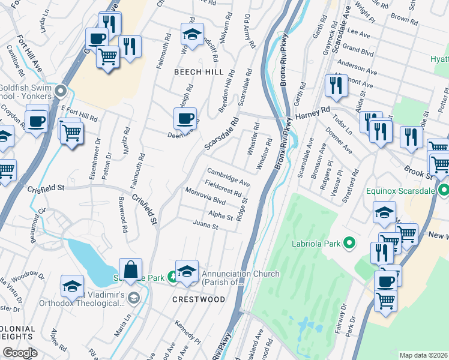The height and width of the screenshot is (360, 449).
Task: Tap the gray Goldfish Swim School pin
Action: tap(59, 91)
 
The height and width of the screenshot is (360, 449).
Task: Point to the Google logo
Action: tap(20, 353)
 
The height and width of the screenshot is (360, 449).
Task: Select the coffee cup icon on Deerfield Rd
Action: tap(185, 119)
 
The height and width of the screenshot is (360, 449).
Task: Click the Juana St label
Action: tap(205, 226)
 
